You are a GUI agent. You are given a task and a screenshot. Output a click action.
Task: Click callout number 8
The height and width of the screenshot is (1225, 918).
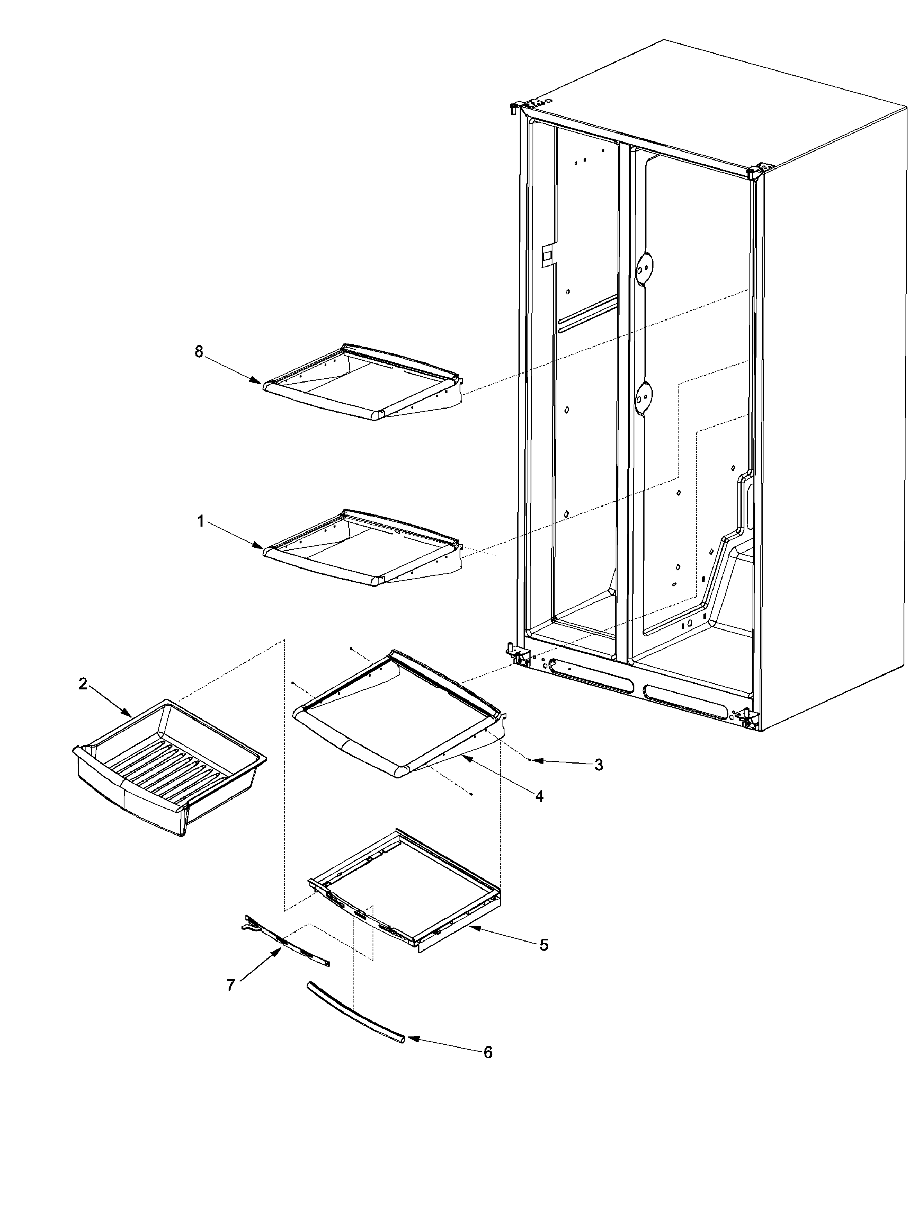(x=199, y=352)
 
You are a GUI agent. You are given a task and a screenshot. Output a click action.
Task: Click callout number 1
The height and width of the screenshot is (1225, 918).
(x=201, y=521)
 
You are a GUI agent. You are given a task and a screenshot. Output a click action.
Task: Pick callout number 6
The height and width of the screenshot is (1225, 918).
(x=488, y=1052)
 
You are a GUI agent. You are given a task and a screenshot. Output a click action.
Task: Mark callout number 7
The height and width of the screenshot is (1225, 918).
(x=231, y=985)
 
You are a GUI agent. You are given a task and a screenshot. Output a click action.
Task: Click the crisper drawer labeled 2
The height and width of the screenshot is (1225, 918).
(x=169, y=767)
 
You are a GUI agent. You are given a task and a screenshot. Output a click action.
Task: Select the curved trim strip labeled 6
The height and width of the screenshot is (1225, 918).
(x=354, y=1012)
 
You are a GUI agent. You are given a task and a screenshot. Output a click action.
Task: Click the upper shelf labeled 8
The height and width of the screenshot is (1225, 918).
(x=362, y=382)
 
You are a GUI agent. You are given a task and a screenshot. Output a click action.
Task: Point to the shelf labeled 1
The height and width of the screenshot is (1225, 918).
(x=362, y=548)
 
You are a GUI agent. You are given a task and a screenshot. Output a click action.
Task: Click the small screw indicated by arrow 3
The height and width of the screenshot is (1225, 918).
(x=529, y=760)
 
